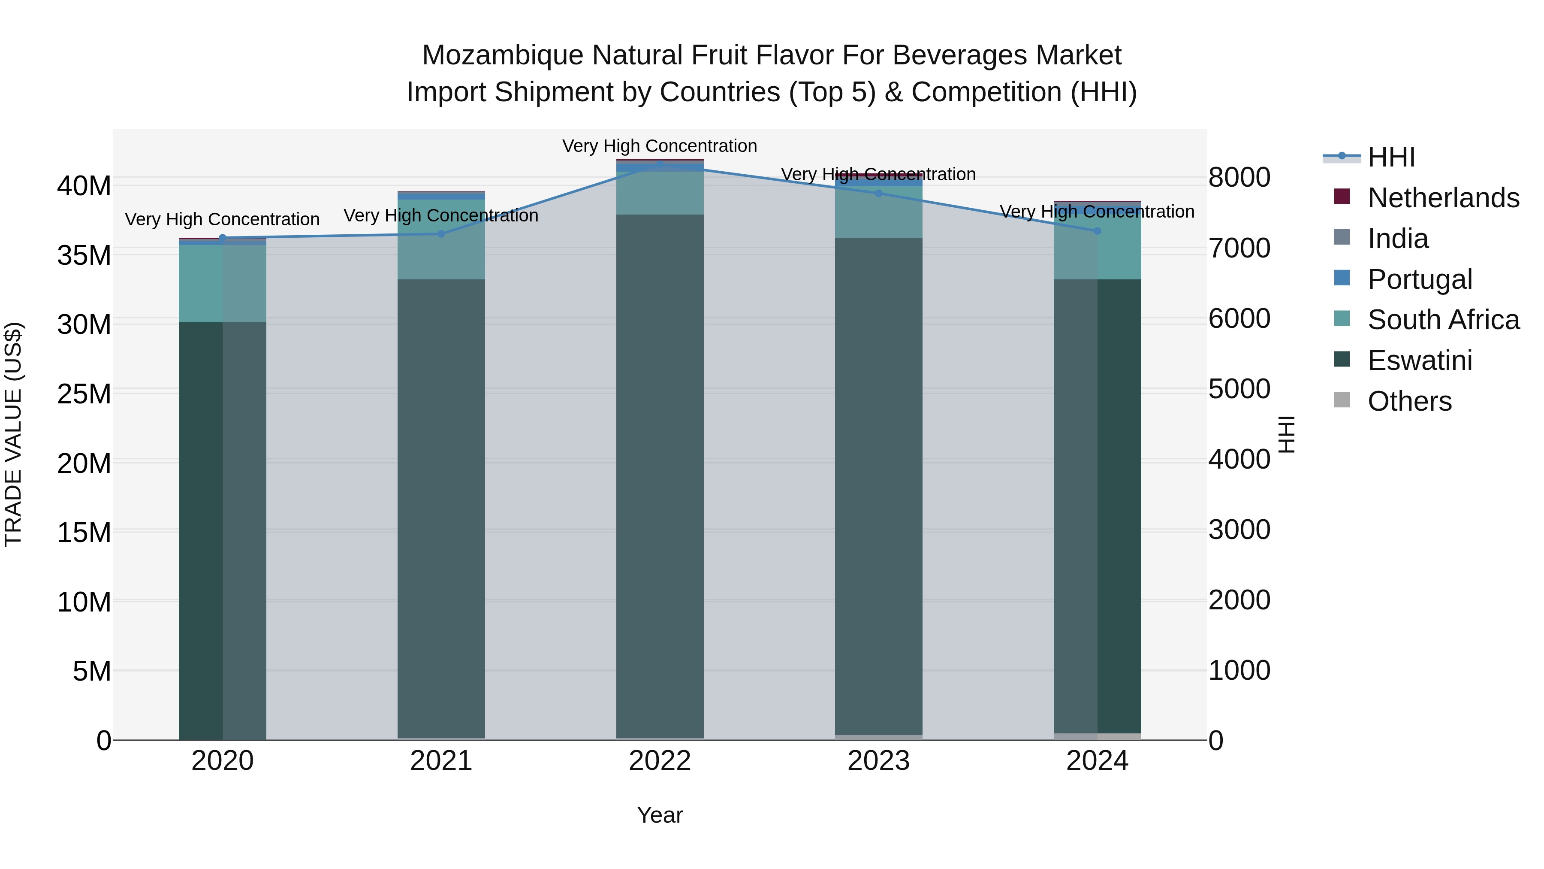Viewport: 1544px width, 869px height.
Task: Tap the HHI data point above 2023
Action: pos(879,193)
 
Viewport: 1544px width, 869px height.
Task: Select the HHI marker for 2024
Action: pos(1098,231)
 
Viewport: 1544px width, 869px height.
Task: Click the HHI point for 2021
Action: pos(441,234)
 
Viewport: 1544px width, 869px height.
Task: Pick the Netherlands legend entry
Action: pos(1443,198)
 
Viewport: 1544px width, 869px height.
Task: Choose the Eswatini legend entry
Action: pos(1419,360)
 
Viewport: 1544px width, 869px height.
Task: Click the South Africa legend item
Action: pos(1443,320)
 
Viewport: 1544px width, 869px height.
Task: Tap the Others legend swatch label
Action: pos(1409,401)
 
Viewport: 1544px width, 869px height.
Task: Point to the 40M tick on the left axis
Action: pos(84,186)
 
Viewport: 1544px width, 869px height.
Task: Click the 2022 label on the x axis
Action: pos(660,761)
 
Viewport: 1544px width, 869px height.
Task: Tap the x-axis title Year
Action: pos(660,815)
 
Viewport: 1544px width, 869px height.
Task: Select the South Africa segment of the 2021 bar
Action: pos(441,240)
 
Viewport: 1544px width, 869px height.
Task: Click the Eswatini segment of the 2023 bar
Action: pos(879,486)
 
